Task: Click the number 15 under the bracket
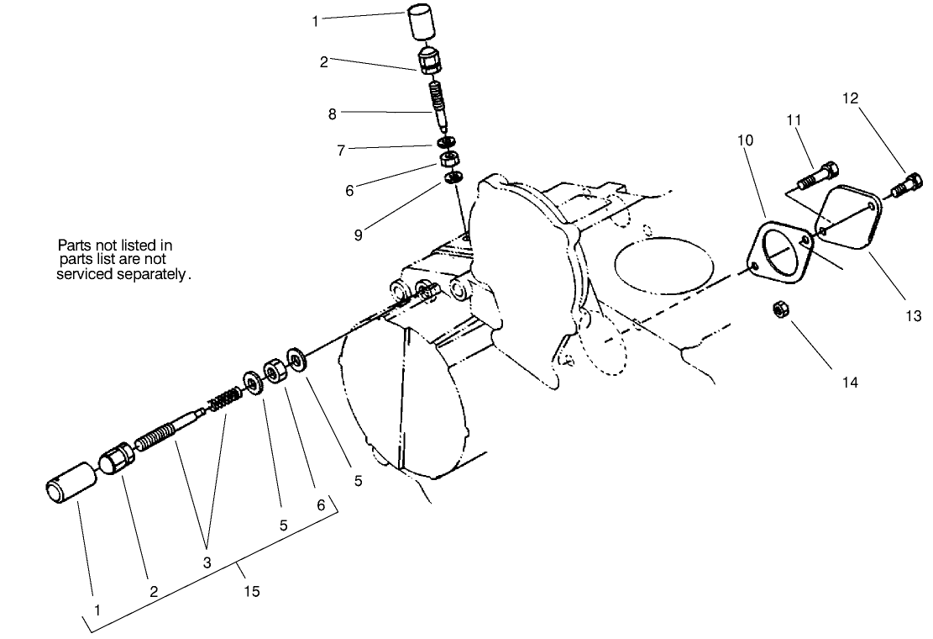(x=251, y=591)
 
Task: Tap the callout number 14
(x=850, y=382)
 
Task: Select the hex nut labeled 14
(x=779, y=310)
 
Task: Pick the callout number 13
(x=913, y=316)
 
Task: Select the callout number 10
(x=746, y=140)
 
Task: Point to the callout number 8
(x=333, y=114)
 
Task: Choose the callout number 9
(x=358, y=235)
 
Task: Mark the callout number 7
(x=340, y=151)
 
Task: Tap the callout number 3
(x=207, y=563)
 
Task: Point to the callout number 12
(x=850, y=98)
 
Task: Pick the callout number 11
(x=794, y=120)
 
